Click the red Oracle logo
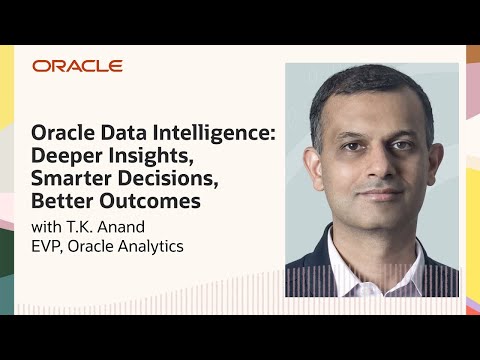click(x=77, y=66)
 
